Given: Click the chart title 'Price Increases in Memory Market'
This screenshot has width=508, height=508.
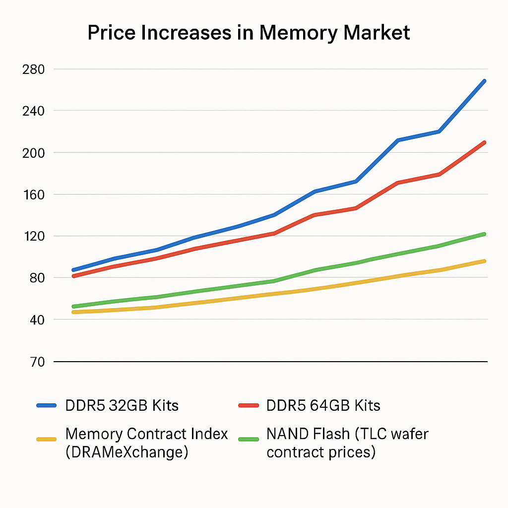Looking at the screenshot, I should [x=249, y=33].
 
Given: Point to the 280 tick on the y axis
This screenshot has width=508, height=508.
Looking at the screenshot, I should [x=33, y=69].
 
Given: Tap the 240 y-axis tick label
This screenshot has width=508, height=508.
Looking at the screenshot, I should [x=33, y=111].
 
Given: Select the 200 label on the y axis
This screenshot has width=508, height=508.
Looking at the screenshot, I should [x=33, y=153].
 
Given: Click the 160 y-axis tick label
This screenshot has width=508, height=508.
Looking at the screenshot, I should [x=33, y=194].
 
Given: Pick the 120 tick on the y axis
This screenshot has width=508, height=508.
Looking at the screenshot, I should [x=33, y=236].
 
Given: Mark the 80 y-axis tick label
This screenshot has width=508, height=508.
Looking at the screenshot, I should [x=34, y=278].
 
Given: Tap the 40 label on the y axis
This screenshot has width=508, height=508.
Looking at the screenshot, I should [x=34, y=319].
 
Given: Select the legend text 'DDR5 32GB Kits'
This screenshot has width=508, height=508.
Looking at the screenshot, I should [x=122, y=405].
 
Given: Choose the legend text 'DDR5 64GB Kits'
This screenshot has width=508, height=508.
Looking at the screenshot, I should [x=323, y=405].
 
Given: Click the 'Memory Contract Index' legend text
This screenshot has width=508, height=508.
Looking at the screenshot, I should [x=146, y=434].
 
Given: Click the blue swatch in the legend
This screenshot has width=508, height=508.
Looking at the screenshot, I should [x=48, y=405].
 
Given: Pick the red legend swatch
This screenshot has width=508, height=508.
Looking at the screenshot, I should [x=249, y=405].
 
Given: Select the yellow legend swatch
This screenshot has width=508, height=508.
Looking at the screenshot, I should [x=48, y=439].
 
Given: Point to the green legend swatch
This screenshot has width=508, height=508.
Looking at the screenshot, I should [x=249, y=439].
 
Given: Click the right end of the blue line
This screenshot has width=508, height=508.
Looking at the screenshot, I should [x=484, y=80].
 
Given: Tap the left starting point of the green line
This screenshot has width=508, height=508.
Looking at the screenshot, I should [x=73, y=306].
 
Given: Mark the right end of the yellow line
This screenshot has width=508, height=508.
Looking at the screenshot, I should [x=484, y=261].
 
